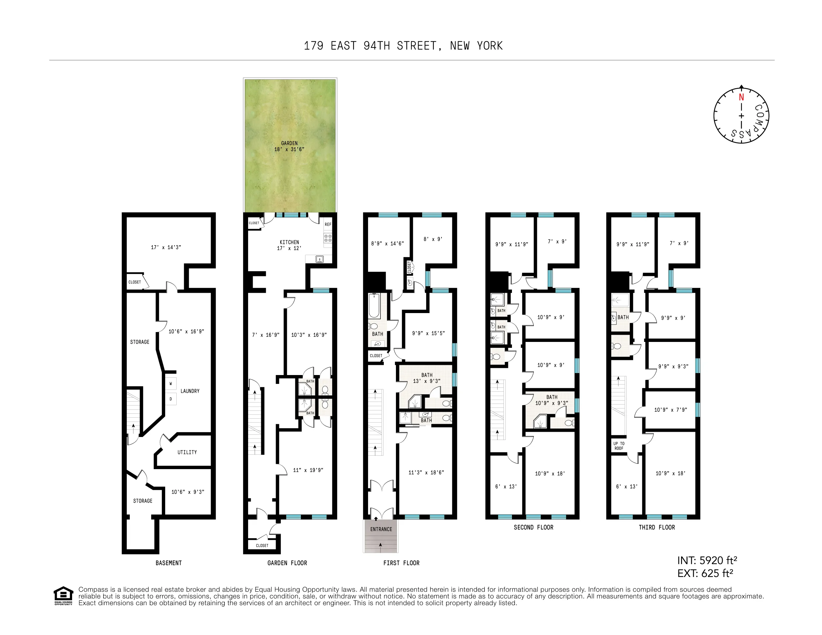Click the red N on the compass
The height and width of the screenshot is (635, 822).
741,97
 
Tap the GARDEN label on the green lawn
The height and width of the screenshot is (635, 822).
289,143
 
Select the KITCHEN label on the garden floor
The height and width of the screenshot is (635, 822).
289,242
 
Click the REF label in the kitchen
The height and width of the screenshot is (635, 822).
328,224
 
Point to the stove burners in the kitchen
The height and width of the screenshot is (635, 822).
328,238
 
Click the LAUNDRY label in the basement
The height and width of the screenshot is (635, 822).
190,391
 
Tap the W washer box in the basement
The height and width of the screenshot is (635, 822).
171,384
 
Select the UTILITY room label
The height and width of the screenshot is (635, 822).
187,452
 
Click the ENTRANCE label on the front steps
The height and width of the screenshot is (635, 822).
381,529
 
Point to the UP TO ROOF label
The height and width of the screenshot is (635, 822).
619,446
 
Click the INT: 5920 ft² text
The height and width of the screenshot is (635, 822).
707,561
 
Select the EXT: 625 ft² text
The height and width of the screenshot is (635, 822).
705,573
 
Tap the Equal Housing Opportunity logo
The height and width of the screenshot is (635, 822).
63,595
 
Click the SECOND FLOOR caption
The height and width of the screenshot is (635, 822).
533,527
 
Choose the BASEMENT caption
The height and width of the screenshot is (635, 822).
168,563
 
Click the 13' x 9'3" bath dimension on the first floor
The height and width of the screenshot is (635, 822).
426,381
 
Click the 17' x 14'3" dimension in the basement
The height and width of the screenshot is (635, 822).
166,247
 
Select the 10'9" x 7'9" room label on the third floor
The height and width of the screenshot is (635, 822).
670,409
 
